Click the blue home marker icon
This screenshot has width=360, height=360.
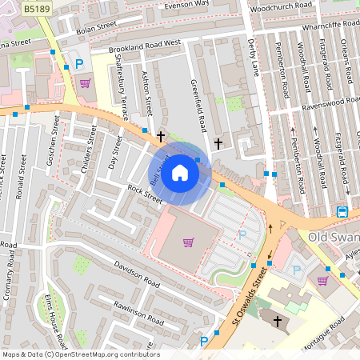180,173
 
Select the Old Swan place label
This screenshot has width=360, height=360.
330,238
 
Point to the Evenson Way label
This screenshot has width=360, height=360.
186,4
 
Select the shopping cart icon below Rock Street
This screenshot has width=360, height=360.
188,242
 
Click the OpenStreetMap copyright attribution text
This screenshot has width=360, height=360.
81,354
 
